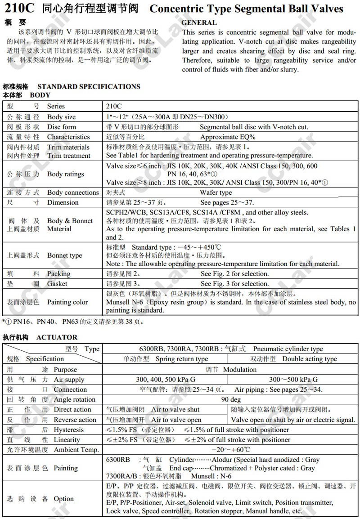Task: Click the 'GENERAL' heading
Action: (199, 22)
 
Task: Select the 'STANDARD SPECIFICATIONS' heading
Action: (89, 86)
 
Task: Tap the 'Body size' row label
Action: (62, 117)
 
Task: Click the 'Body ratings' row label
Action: (66, 174)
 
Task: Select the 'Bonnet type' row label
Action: (65, 255)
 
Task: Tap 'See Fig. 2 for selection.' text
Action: (234, 273)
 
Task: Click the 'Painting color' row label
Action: (67, 302)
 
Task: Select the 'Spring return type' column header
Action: (182, 359)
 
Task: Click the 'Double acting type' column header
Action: (310, 359)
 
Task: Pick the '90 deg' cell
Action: (231, 399)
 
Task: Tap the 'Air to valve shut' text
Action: (175, 409)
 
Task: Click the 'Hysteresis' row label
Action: (69, 430)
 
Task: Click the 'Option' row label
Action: (63, 498)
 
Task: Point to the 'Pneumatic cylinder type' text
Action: (288, 349)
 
